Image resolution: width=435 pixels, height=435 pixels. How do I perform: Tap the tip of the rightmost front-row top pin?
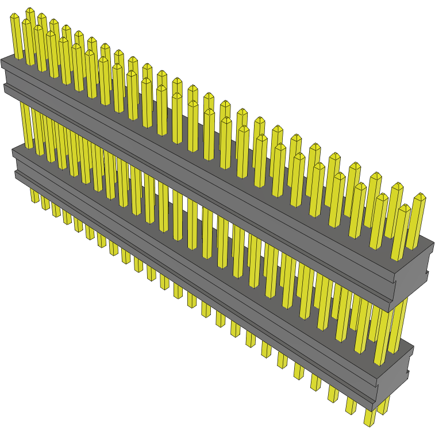(404, 207)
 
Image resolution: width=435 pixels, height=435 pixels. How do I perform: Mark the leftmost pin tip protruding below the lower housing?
(35, 201)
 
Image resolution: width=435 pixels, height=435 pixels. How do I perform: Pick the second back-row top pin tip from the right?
(397, 186)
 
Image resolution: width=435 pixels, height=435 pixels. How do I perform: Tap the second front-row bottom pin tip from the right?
(351, 411)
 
